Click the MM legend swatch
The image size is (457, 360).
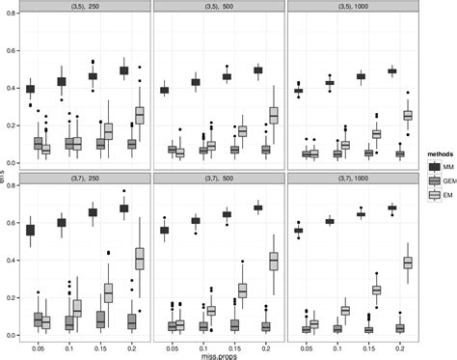click(x=425, y=165)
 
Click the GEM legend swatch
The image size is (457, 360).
click(x=425, y=180)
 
